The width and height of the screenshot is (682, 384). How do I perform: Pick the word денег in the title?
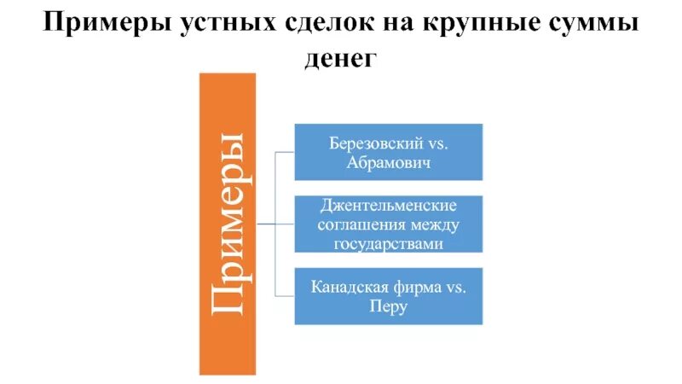(340, 60)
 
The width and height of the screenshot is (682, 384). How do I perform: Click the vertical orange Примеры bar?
(227, 224)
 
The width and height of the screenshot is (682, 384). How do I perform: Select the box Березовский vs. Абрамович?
(388, 152)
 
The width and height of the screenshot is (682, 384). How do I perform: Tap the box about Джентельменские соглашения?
(388, 224)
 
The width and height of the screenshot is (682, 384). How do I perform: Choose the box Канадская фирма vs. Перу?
(388, 296)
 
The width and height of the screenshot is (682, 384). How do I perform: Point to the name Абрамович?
(388, 162)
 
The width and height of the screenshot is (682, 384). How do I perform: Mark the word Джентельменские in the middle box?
(388, 207)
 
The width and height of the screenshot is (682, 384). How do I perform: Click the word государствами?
(388, 243)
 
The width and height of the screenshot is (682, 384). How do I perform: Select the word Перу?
(388, 306)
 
